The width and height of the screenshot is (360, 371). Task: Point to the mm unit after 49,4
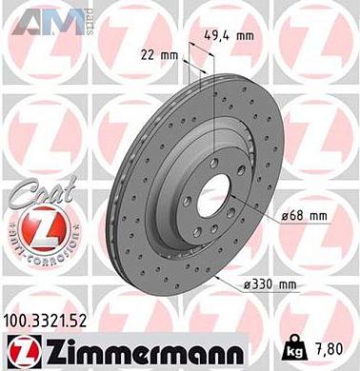244,38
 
